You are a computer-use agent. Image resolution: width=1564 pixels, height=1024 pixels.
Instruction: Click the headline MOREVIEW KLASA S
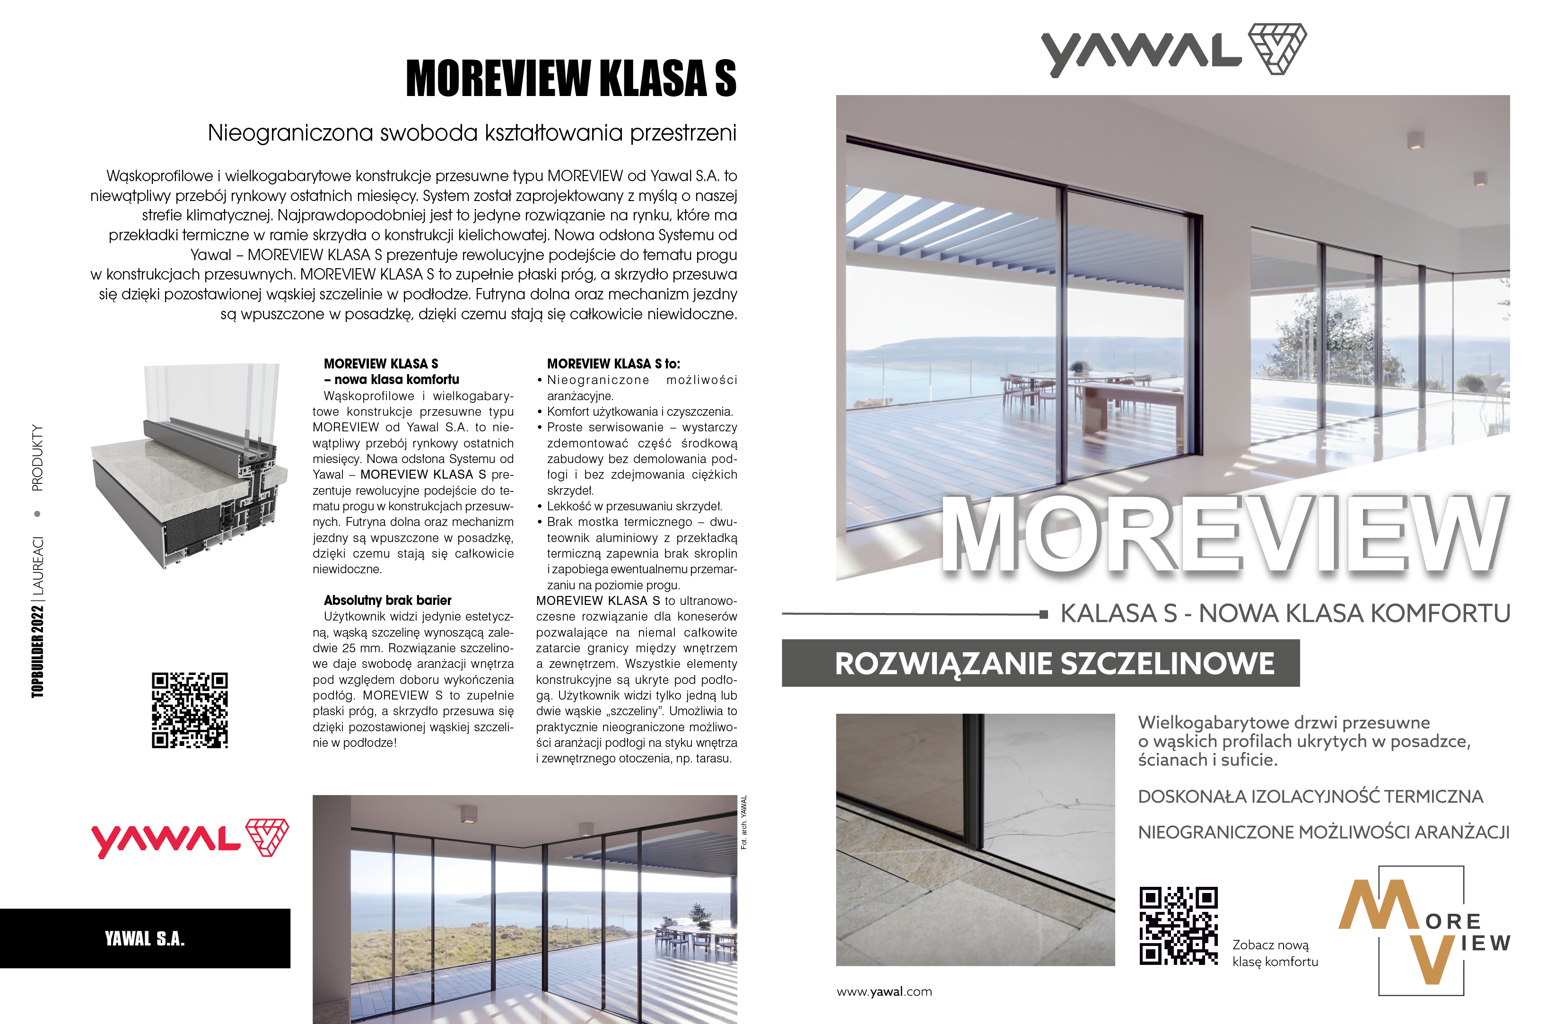coord(571,78)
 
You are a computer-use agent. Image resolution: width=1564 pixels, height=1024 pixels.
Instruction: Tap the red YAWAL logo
coord(189,839)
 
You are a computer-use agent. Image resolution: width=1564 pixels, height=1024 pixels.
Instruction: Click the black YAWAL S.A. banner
coord(145,938)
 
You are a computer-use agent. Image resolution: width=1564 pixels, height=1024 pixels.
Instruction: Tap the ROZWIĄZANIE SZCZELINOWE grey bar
coord(1040,663)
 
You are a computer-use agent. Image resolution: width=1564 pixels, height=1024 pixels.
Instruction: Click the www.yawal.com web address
coord(884,992)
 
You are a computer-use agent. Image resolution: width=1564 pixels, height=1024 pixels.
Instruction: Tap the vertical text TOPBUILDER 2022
coord(38,651)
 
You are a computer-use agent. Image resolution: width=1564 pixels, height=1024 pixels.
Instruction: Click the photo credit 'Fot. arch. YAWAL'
coord(744,822)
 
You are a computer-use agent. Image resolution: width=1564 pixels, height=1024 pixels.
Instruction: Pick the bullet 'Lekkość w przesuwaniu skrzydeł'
coord(634,506)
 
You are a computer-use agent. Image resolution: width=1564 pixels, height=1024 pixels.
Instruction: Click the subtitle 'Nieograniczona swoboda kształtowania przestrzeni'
coord(472,133)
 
